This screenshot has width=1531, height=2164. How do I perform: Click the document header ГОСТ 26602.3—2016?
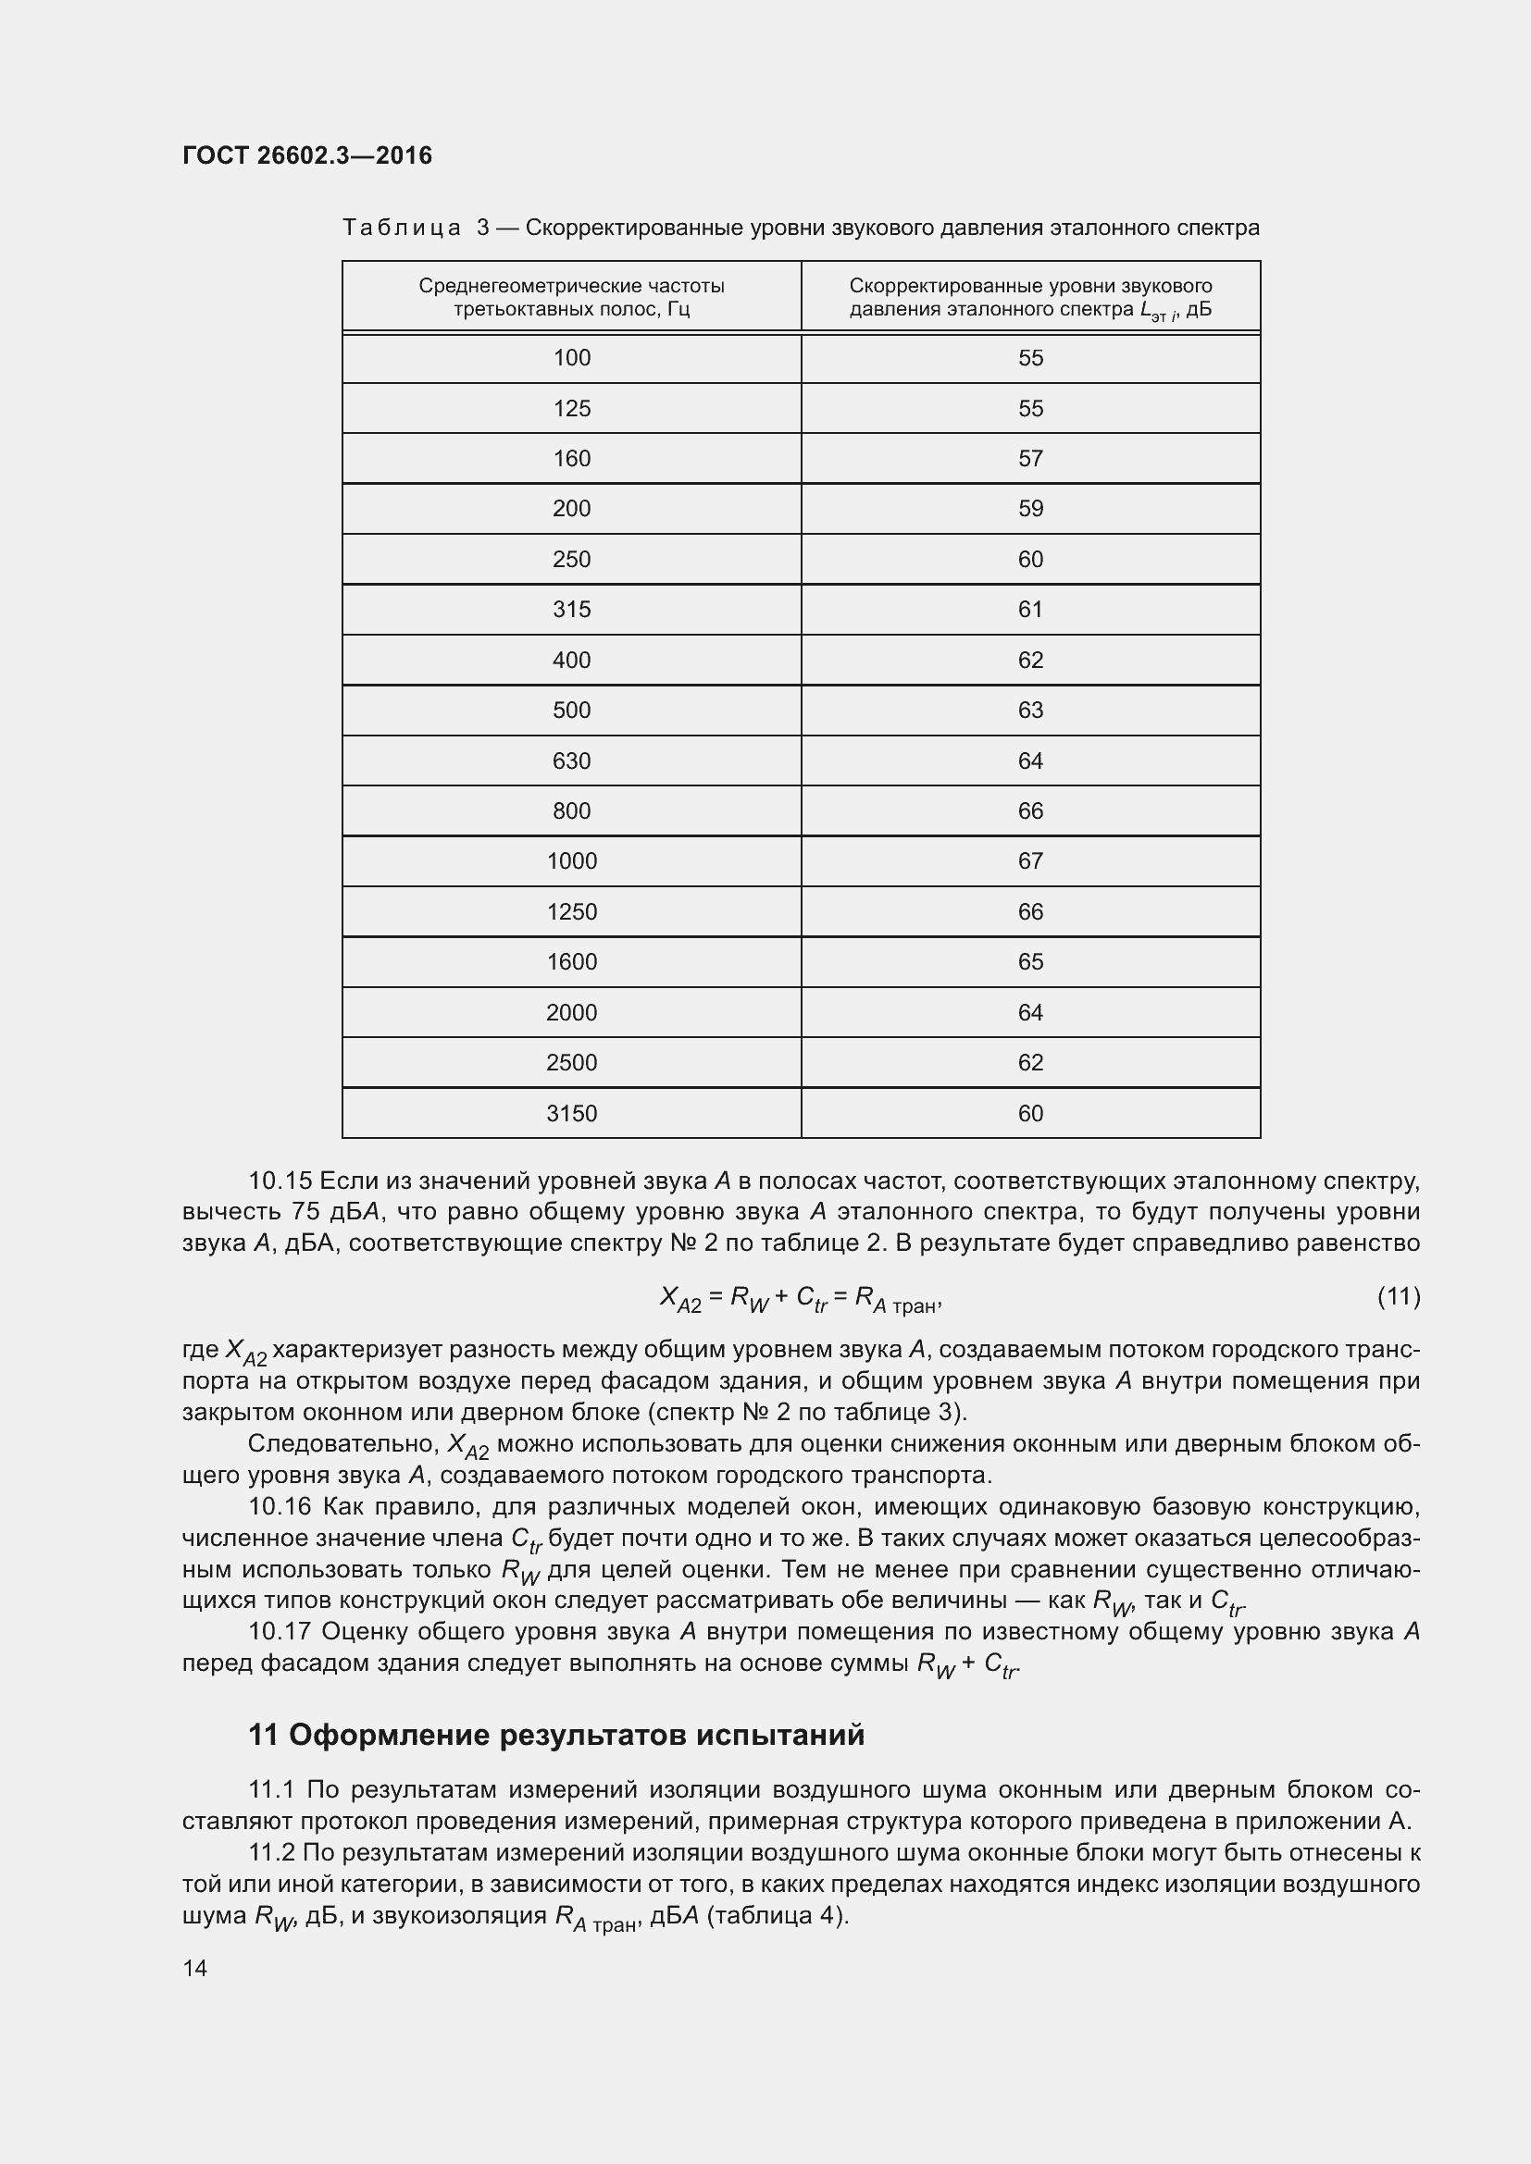point(306,155)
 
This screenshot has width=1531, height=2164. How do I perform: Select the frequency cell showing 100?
point(571,358)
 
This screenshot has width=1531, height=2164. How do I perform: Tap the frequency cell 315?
point(571,610)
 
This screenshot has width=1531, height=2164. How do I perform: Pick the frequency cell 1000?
point(571,861)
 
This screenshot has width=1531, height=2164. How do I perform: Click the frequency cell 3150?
point(571,1113)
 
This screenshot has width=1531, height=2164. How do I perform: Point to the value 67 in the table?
point(1030,861)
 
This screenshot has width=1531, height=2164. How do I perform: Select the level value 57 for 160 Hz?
point(1030,459)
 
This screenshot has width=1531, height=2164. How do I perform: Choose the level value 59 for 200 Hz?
point(1030,509)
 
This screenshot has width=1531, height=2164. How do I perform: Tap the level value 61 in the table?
point(1030,610)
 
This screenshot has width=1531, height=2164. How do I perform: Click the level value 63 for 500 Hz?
point(1030,711)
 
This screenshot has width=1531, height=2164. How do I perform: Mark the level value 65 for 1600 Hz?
point(1030,962)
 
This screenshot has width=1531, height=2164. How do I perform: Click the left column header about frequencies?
point(571,297)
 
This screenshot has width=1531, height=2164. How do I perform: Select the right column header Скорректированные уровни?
point(1030,297)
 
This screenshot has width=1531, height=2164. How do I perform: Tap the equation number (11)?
point(1399,1297)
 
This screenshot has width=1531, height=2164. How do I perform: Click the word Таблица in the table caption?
point(402,229)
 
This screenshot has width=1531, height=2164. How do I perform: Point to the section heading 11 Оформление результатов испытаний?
point(556,1735)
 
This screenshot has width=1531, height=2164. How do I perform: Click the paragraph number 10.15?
point(279,1181)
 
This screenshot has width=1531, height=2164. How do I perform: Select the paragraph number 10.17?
point(279,1631)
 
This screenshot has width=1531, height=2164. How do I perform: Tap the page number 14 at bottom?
point(195,1968)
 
